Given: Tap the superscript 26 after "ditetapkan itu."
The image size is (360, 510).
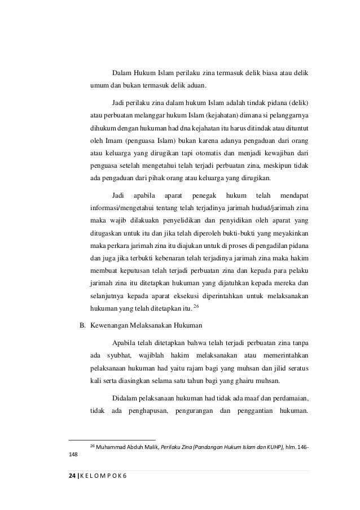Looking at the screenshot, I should pos(196,306).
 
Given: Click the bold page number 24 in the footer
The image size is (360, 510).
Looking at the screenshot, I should pos(72,476).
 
